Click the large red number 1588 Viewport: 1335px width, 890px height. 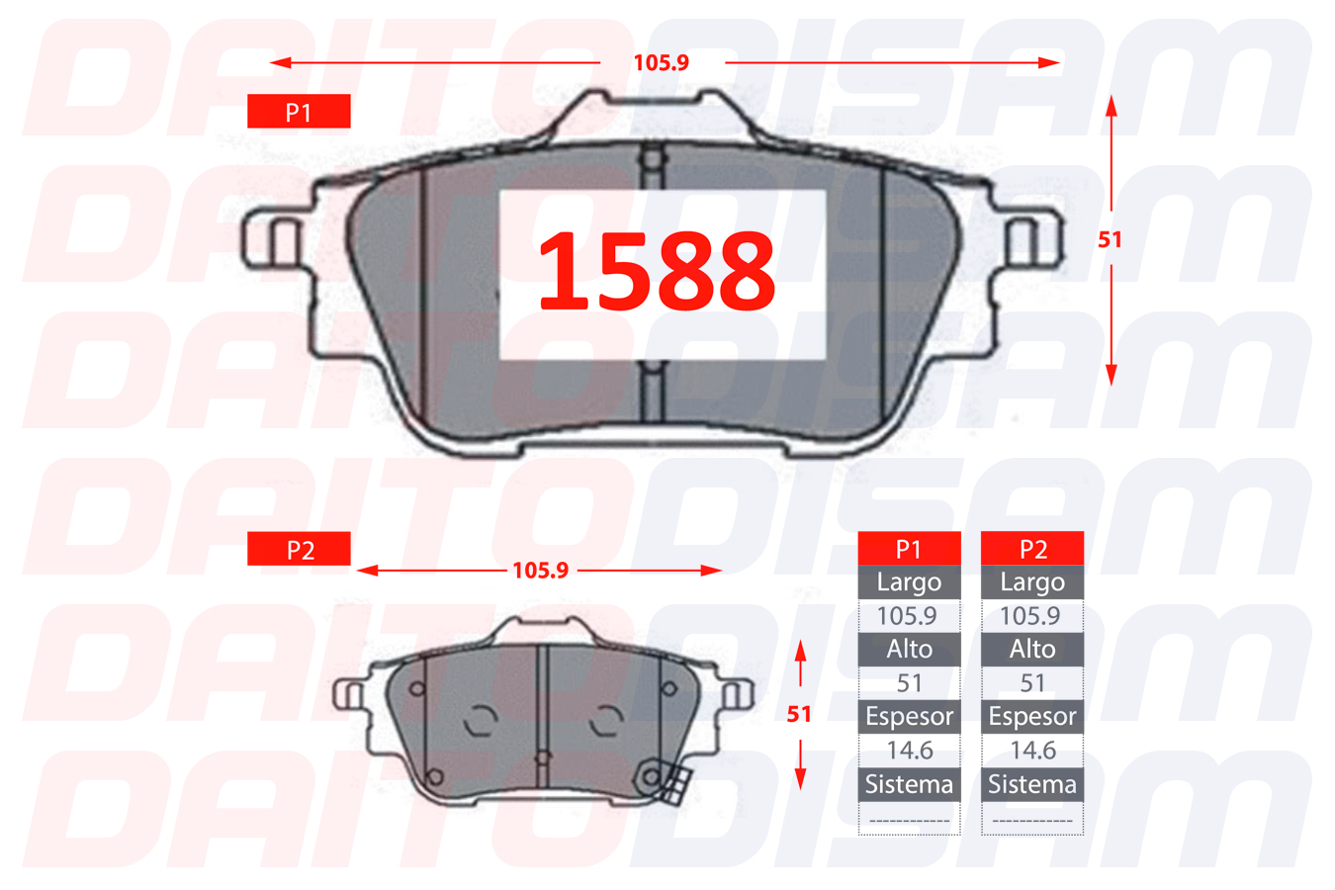[x=657, y=271]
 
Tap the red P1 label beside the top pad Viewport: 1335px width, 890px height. [x=299, y=112]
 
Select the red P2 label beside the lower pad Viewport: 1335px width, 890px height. [x=299, y=549]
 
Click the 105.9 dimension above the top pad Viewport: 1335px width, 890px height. [x=661, y=62]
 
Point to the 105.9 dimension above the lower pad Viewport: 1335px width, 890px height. [x=541, y=571]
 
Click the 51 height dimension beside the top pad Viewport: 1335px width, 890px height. [x=1110, y=239]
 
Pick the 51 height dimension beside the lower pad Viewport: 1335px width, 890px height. [x=799, y=714]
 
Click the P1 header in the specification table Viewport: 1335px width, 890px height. [x=909, y=549]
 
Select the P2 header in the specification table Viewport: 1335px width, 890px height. [x=1032, y=549]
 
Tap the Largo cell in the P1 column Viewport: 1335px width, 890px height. [x=909, y=582]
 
